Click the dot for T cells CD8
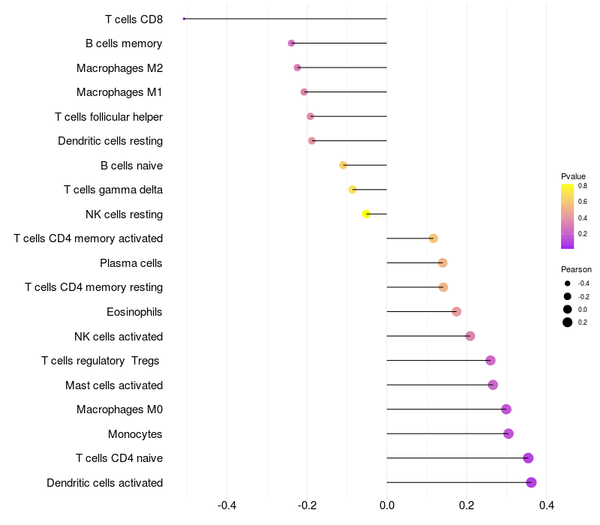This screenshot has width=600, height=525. [184, 19]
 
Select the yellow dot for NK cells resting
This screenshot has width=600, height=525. [366, 214]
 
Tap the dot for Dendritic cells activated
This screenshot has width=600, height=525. [531, 482]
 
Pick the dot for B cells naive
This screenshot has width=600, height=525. [343, 165]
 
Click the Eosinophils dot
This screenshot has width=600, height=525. [456, 311]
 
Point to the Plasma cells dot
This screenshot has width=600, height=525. [442, 263]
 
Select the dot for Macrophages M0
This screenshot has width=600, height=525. [506, 409]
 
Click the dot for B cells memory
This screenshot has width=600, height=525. [291, 43]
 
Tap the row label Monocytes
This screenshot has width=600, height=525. [135, 434]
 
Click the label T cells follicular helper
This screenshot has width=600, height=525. [109, 117]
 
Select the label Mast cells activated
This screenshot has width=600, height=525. [114, 385]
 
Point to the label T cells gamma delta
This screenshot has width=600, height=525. [113, 190]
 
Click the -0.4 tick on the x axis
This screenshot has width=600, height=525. [227, 505]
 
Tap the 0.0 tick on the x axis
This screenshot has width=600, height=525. [387, 505]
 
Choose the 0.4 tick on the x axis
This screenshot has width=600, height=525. [547, 505]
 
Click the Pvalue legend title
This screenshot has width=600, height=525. [573, 176]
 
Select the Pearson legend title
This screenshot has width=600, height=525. [576, 269]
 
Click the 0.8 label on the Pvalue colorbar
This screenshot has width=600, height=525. [583, 186]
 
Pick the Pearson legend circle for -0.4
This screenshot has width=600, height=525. [568, 283]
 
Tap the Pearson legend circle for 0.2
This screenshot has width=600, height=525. [568, 322]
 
